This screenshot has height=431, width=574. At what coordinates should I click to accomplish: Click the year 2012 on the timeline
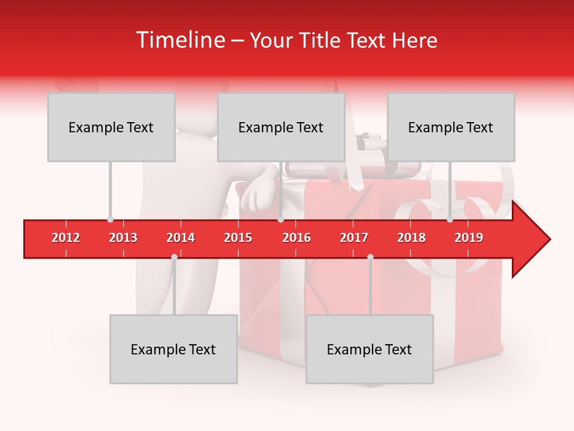click(66, 238)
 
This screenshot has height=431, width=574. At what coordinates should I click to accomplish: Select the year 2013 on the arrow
click(123, 238)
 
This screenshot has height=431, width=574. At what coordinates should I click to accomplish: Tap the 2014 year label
click(181, 238)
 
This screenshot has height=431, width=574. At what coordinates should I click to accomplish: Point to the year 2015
click(238, 238)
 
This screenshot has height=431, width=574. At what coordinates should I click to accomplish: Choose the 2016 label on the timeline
click(297, 238)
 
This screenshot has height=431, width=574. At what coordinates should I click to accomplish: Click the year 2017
click(354, 238)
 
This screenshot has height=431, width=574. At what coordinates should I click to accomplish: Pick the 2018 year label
click(411, 238)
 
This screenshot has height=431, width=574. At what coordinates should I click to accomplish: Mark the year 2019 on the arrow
click(469, 238)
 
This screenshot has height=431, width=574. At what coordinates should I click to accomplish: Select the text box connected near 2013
click(111, 127)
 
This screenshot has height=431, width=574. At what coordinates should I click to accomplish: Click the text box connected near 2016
click(281, 127)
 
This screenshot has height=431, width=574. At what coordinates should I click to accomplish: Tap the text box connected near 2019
click(451, 127)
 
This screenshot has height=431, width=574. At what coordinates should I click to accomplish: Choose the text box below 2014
click(173, 349)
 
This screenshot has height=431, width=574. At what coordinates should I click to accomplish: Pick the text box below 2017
click(370, 349)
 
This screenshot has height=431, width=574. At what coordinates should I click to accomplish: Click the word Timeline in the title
click(179, 40)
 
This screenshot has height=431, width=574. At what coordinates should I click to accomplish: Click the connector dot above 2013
click(110, 220)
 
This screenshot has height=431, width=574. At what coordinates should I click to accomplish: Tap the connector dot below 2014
click(174, 257)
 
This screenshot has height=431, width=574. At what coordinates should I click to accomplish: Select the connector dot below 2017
click(370, 257)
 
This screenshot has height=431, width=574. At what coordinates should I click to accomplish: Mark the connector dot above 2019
click(450, 220)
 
